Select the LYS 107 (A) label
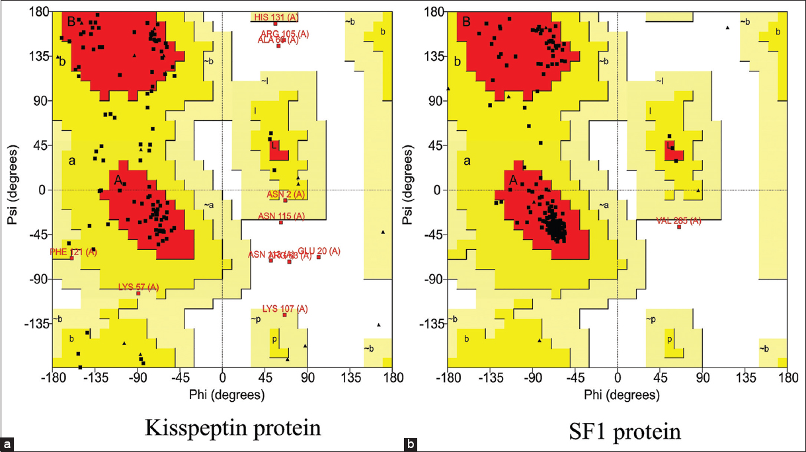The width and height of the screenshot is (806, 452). click(x=285, y=309)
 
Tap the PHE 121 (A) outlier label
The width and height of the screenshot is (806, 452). click(x=73, y=252)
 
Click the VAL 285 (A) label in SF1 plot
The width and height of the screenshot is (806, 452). click(x=679, y=221)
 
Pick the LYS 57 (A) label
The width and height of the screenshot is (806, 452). click(x=139, y=286)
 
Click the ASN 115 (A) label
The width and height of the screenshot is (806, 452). click(x=281, y=215)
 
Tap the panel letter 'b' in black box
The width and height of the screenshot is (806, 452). click(x=411, y=444)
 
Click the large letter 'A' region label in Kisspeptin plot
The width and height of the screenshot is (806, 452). click(x=117, y=179)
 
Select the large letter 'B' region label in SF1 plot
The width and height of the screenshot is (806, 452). click(x=466, y=22)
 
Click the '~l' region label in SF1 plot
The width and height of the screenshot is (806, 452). click(x=660, y=81)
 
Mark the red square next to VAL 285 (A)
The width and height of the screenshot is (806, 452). click(x=679, y=227)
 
